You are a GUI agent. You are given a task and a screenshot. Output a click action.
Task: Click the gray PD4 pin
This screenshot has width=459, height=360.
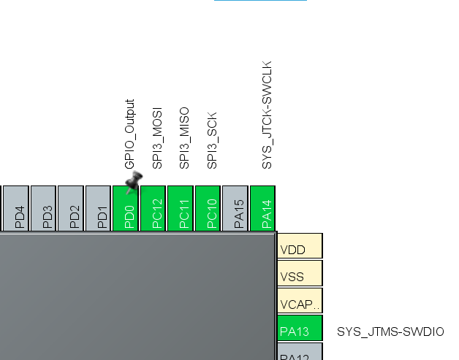point(16,209)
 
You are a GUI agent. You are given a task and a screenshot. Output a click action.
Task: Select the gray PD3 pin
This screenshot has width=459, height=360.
point(43,209)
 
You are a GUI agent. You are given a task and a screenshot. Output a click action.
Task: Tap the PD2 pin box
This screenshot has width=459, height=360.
point(71,209)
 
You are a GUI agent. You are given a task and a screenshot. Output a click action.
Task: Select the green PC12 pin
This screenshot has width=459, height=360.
point(153,209)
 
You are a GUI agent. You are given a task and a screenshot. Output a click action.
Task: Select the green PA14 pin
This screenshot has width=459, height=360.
point(262,209)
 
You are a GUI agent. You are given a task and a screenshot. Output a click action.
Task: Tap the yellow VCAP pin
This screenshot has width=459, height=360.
point(300,303)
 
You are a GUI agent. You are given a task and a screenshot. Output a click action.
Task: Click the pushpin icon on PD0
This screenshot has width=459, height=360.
point(132,183)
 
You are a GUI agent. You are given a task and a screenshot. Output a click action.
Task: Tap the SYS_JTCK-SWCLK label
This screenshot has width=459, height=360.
point(267,115)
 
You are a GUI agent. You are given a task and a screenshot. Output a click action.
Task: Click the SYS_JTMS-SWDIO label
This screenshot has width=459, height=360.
point(390,332)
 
